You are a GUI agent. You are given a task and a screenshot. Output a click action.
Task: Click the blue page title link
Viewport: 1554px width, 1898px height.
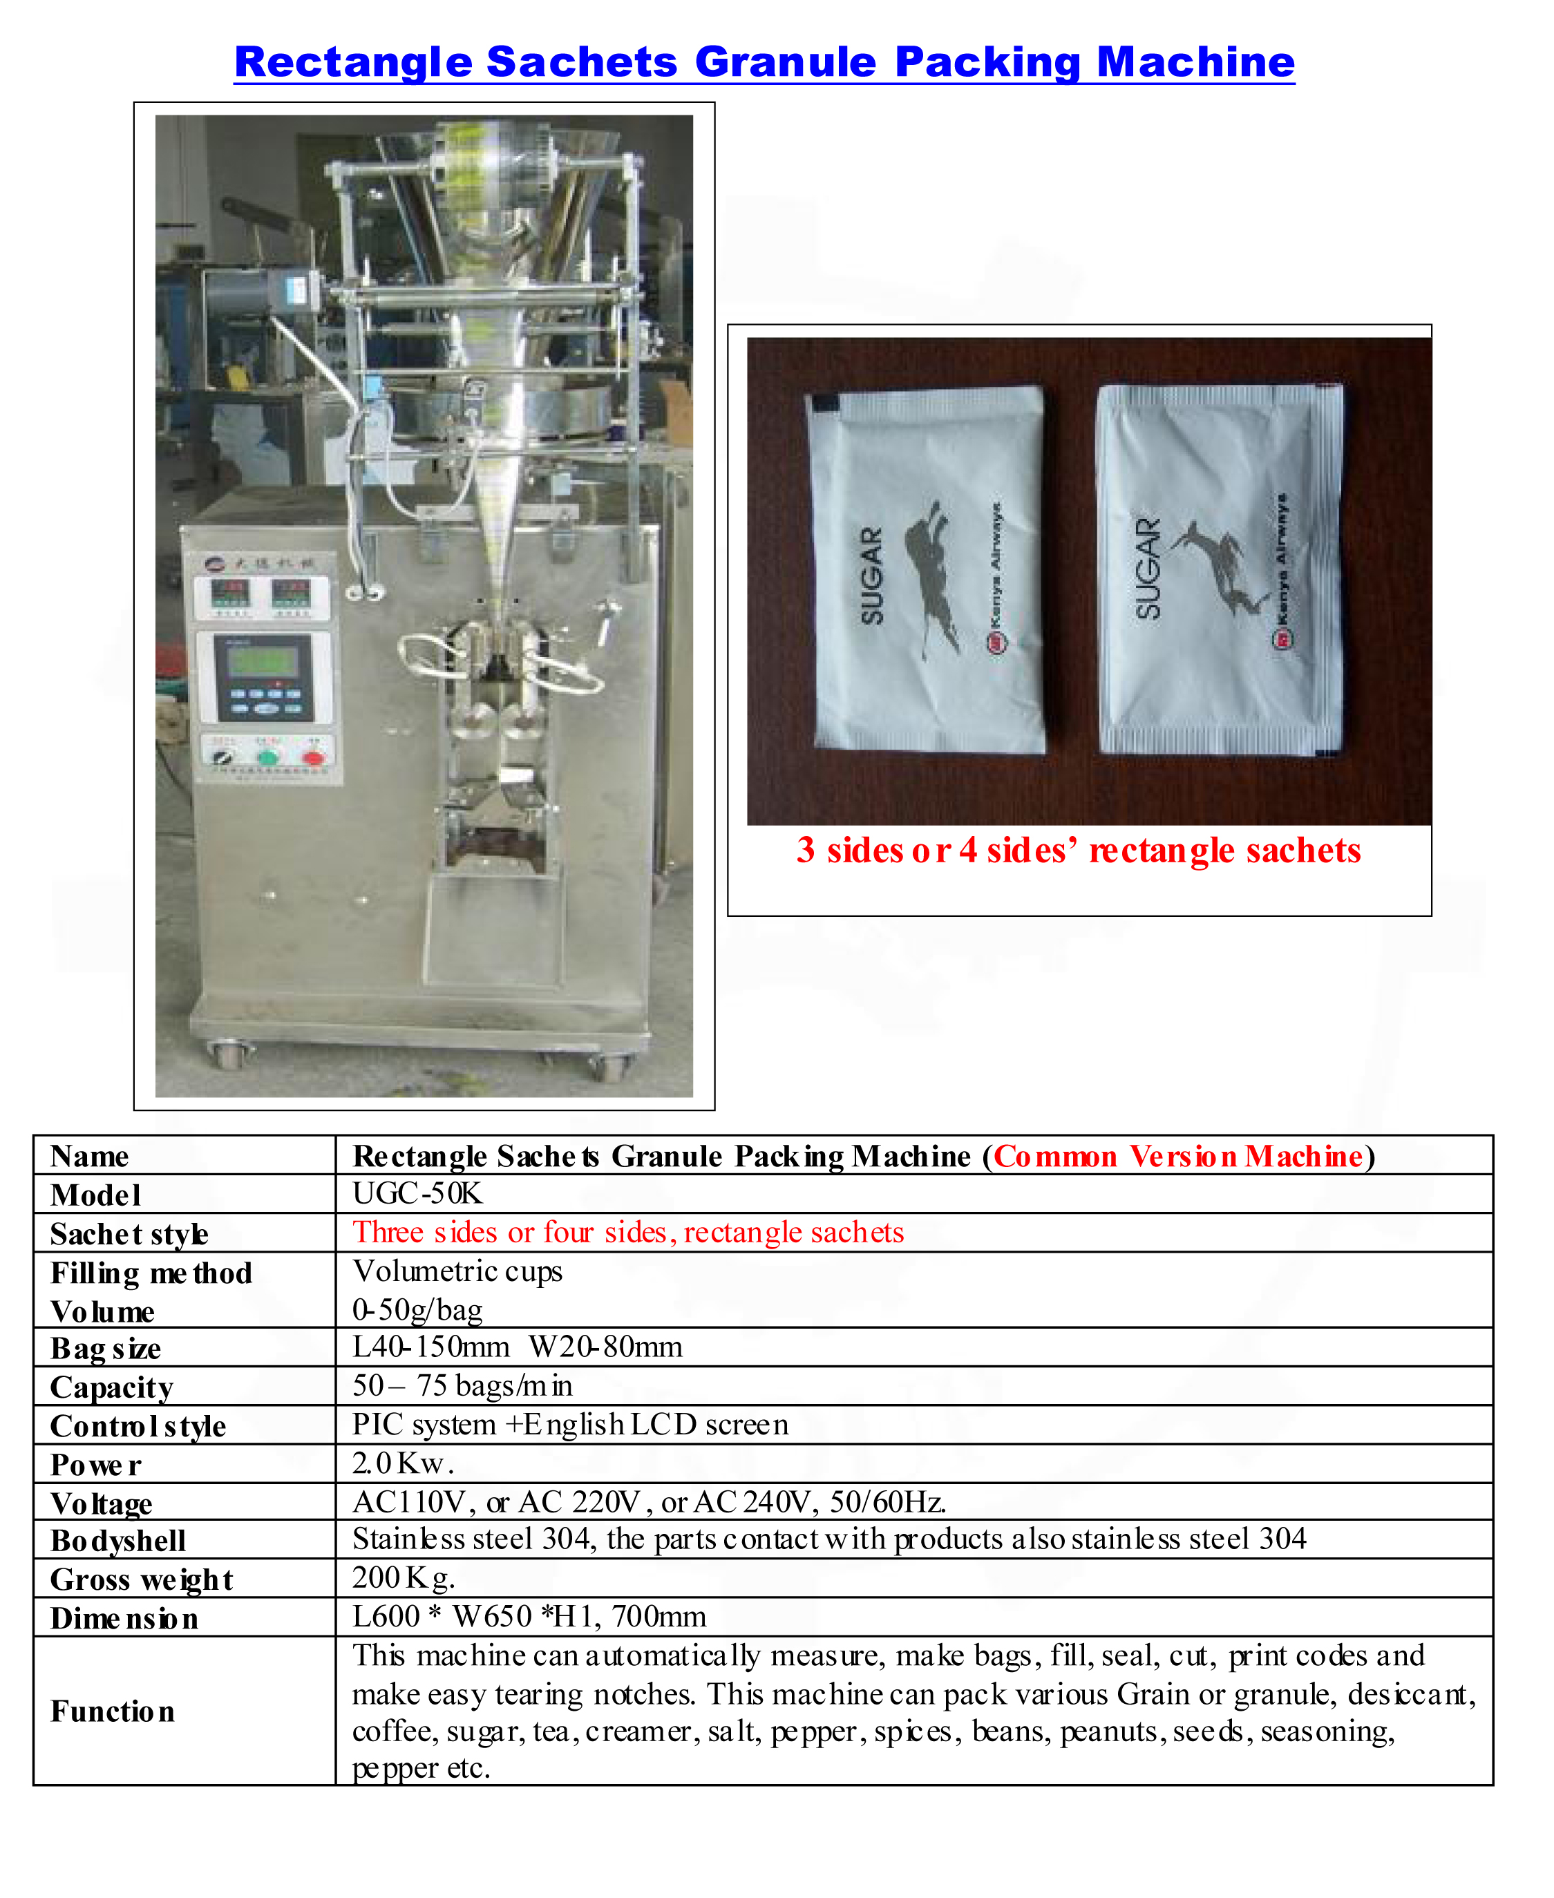764,63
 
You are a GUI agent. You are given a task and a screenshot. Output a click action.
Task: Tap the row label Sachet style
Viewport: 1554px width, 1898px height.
129,1234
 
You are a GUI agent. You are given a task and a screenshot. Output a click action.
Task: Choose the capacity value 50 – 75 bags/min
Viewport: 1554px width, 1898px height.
462,1385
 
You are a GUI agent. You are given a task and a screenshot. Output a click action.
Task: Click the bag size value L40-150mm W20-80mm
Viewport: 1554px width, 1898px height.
517,1347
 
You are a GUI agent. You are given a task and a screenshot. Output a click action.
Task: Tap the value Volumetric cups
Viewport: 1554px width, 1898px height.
457,1271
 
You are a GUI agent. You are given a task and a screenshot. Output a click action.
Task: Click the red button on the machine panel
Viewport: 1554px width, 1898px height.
312,758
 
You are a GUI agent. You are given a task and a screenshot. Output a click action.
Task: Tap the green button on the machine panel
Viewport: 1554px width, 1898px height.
267,758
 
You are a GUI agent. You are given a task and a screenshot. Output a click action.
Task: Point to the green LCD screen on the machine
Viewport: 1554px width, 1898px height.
261,662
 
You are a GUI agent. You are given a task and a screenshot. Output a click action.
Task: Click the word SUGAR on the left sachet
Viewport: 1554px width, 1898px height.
871,576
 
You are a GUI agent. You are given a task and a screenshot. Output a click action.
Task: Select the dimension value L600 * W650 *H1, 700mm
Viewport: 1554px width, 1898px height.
529,1616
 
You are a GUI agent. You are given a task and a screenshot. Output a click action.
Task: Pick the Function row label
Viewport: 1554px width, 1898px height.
112,1711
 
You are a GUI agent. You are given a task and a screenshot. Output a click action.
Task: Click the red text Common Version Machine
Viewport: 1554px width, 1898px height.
1178,1156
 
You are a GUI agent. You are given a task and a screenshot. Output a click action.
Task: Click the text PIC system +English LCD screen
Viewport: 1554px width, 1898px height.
570,1424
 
